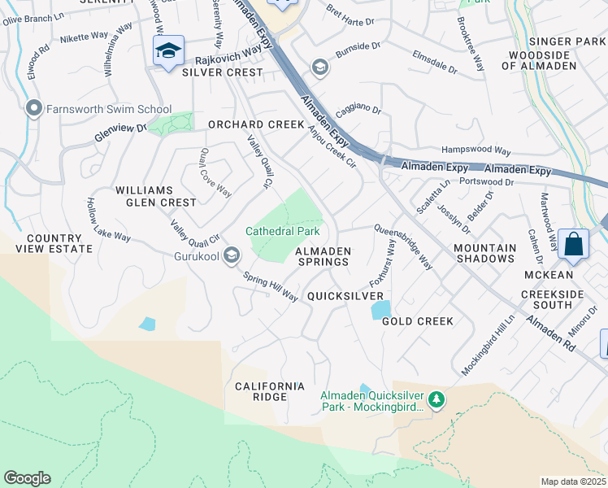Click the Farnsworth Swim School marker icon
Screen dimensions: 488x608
click(x=33, y=109)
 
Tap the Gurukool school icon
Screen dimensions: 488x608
click(x=232, y=256)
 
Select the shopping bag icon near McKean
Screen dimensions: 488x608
click(x=574, y=244)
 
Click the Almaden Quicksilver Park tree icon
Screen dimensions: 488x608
click(x=437, y=399)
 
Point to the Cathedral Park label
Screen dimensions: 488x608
click(x=283, y=232)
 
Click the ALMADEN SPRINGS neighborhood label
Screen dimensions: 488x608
click(x=322, y=255)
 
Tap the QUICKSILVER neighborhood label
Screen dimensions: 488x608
click(x=345, y=296)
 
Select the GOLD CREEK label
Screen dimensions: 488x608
click(x=418, y=321)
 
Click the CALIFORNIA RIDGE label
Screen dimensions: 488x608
click(x=269, y=390)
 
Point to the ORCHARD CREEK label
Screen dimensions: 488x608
click(x=255, y=125)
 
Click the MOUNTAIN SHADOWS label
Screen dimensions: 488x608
click(x=484, y=253)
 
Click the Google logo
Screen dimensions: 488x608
click(x=27, y=478)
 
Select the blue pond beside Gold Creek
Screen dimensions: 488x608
click(x=380, y=310)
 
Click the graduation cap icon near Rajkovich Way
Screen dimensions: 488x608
click(x=168, y=51)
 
